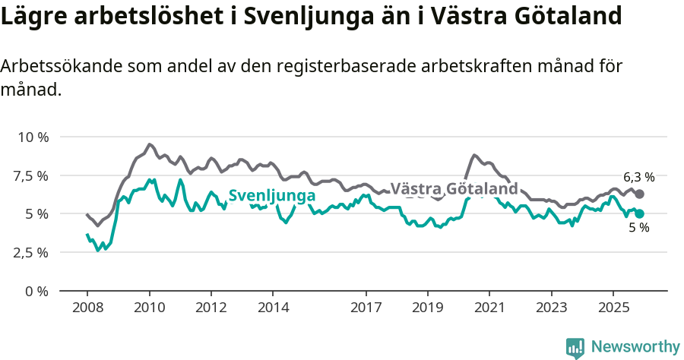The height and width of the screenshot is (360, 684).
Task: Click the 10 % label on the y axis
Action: point(33,137)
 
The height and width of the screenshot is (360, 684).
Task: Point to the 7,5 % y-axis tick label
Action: point(31,175)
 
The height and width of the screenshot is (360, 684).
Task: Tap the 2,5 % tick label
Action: point(31,252)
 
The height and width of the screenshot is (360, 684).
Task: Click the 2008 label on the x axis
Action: point(87,308)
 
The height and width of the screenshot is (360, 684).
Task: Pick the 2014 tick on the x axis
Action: point(273,308)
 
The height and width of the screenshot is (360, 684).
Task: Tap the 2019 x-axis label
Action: point(427,308)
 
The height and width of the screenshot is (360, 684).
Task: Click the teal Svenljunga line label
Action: point(272,196)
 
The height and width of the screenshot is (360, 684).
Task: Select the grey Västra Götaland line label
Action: point(454,188)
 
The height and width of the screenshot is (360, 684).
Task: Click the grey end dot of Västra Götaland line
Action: point(639,194)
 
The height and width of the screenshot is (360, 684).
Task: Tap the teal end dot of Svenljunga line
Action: point(639,214)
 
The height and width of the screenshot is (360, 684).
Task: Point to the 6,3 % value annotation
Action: point(638,177)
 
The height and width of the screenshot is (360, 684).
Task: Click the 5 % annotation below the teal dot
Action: point(638,228)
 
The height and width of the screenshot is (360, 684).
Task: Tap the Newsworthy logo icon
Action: point(575,348)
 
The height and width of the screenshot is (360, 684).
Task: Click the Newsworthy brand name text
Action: point(635,347)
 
